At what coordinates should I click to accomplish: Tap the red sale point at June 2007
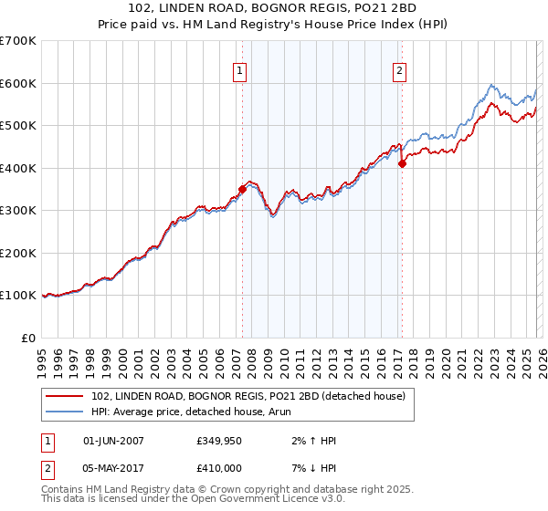242,189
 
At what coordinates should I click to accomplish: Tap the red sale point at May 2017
402,164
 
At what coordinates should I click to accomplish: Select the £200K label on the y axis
18,253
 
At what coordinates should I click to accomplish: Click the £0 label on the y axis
29,338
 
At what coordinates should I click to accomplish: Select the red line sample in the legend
66,395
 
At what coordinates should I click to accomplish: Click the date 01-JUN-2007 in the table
113,441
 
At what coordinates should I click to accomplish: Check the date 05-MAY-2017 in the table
113,468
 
